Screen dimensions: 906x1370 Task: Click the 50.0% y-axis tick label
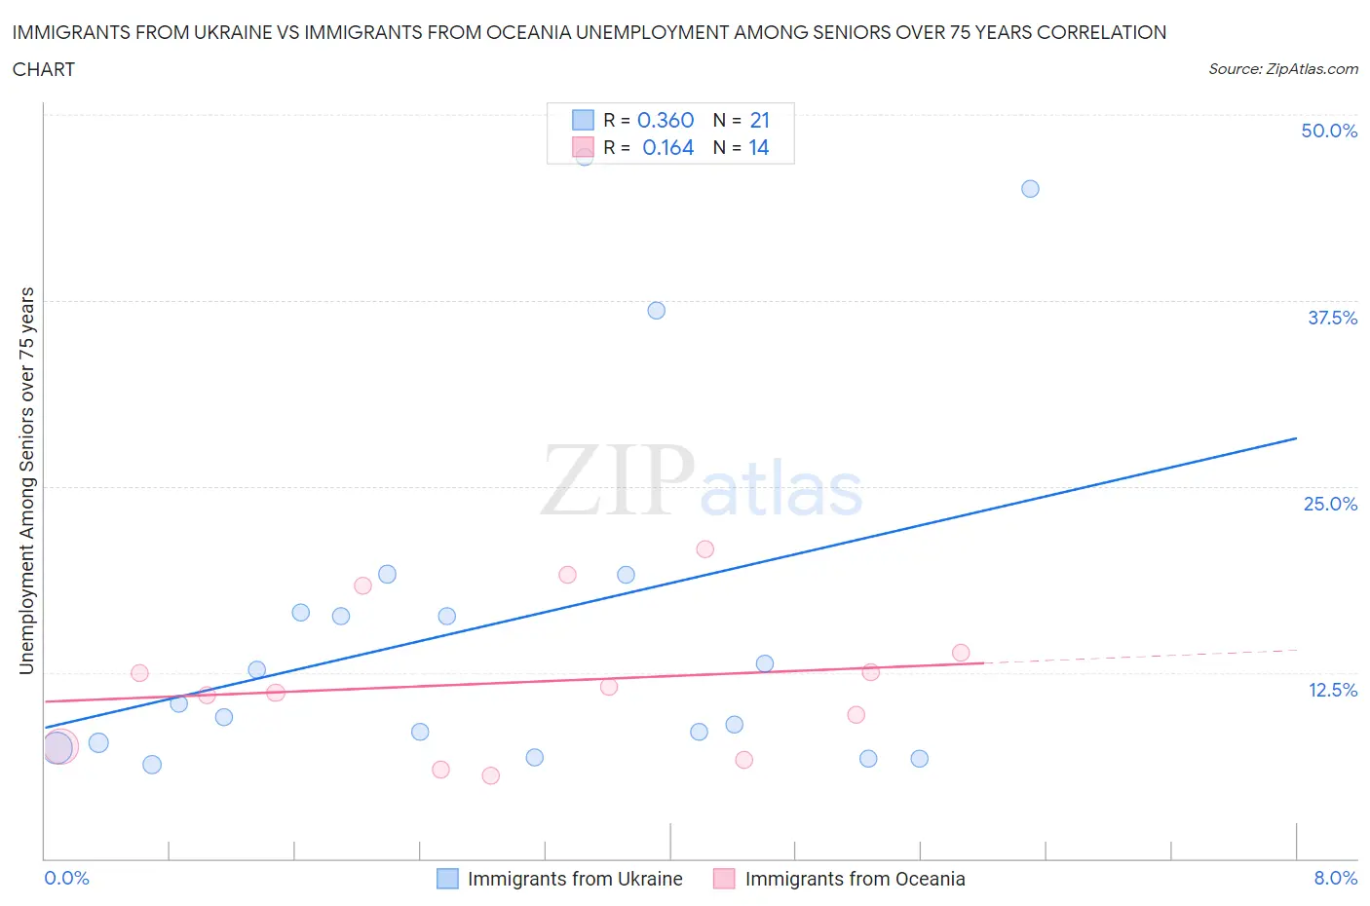1329,131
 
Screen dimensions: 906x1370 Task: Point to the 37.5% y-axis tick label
1332,318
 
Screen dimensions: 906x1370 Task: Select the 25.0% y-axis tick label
1330,504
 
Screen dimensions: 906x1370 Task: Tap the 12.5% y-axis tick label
1332,690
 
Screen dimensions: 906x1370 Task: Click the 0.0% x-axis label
66,878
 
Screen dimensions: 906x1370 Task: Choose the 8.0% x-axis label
1335,878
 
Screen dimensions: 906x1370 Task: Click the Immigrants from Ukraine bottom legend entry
574,879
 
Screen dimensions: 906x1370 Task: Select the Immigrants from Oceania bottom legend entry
854,879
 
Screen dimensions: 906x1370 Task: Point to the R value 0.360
666,120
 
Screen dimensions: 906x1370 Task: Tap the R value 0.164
667,147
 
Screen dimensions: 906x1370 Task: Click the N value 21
760,120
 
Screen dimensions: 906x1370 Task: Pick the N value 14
759,147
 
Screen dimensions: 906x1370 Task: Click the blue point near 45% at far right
1030,189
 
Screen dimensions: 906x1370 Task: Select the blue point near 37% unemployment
657,311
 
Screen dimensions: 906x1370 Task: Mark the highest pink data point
705,549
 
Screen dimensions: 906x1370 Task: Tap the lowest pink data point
491,775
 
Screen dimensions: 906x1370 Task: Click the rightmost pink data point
961,653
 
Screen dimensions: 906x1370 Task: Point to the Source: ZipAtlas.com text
1282,69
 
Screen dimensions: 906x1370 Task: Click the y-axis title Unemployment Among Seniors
26,480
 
